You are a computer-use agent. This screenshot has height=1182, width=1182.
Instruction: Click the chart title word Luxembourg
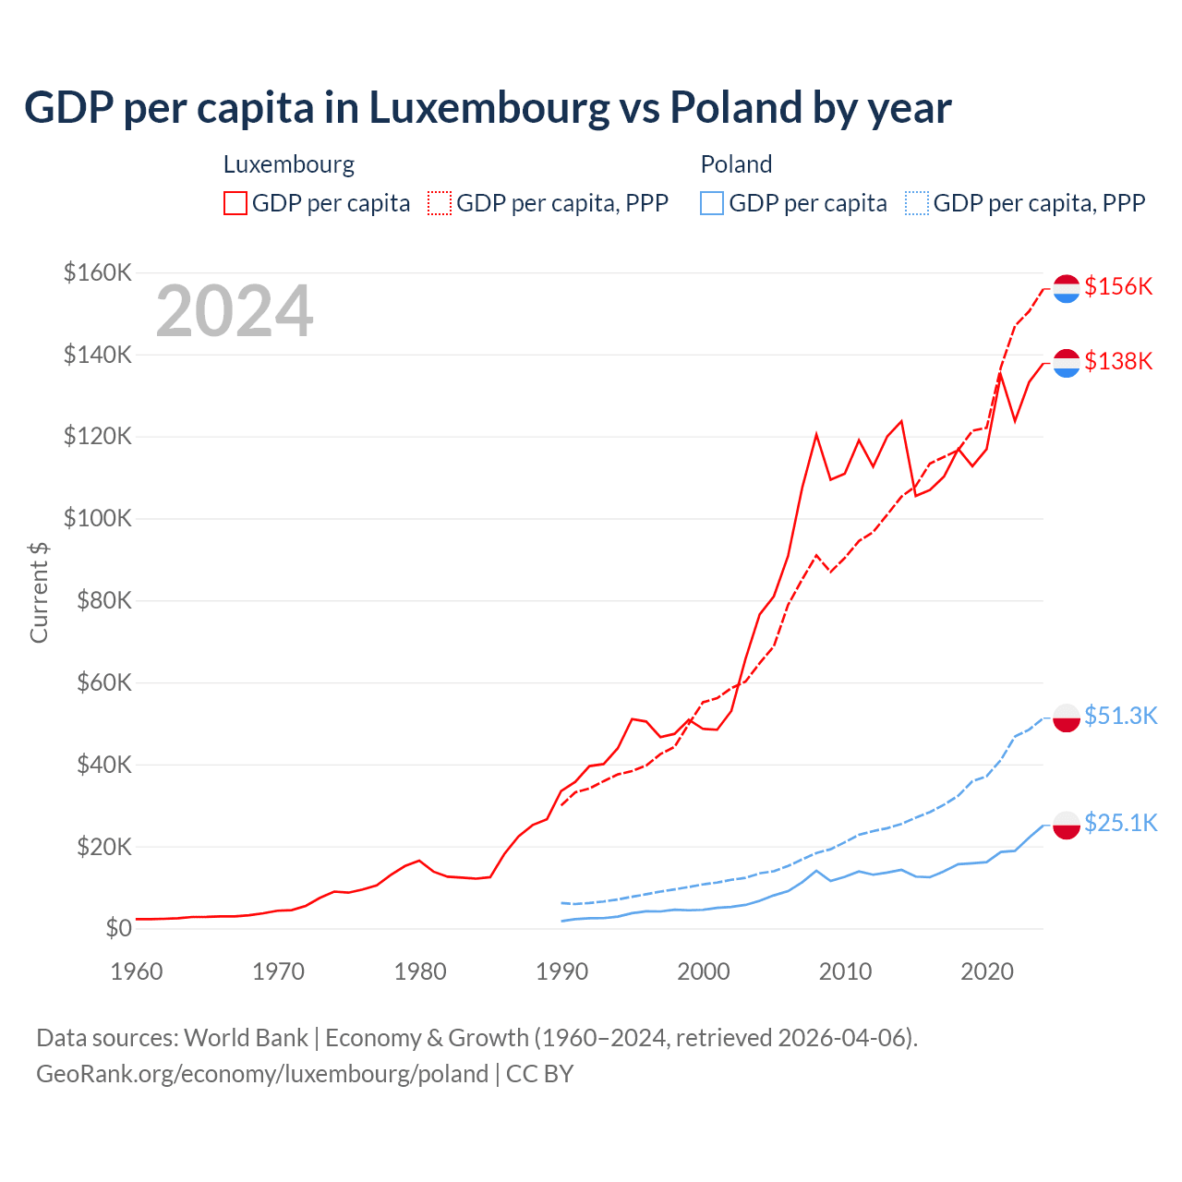tap(489, 108)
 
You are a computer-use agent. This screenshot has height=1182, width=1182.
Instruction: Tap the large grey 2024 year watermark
tap(235, 312)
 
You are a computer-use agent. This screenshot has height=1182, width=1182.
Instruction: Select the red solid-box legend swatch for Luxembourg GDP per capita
tap(235, 203)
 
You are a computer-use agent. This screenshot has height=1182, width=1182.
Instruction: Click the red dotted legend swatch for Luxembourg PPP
tap(440, 203)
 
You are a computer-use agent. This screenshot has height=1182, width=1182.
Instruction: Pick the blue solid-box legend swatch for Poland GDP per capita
tap(712, 203)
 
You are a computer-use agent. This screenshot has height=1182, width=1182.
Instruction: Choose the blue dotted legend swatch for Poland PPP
tap(917, 203)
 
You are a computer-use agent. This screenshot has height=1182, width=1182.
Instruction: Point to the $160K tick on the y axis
tap(97, 272)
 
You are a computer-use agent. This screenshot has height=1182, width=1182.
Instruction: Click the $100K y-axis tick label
tap(97, 518)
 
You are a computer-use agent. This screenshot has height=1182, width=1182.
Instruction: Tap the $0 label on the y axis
tap(118, 928)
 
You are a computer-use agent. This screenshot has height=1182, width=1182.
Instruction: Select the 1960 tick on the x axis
tap(137, 971)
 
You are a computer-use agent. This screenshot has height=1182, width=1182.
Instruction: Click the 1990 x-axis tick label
tap(561, 971)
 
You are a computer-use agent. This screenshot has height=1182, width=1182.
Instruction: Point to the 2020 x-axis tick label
tap(987, 971)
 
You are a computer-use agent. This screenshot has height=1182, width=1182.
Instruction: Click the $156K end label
tap(1118, 286)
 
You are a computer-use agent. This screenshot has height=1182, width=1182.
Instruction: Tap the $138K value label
tap(1118, 361)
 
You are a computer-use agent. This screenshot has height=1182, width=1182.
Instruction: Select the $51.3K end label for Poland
tap(1120, 716)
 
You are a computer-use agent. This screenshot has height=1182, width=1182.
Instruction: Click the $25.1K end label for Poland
tap(1120, 823)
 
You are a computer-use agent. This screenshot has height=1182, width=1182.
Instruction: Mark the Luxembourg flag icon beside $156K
tap(1067, 288)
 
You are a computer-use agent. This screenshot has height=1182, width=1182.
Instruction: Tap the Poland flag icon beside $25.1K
tap(1067, 825)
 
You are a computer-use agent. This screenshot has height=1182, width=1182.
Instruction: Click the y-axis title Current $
tap(39, 592)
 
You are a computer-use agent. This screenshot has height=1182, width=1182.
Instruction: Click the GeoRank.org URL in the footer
tap(262, 1074)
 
